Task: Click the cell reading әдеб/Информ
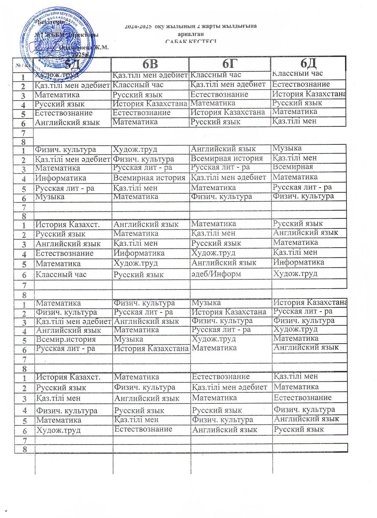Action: pyautogui.click(x=216, y=274)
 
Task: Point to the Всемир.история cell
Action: pyautogui.click(x=66, y=339)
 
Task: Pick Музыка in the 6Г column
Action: pyautogui.click(x=206, y=302)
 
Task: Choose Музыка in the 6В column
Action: pyautogui.click(x=128, y=339)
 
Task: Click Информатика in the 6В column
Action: pyautogui.click(x=139, y=253)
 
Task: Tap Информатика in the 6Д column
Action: pyautogui.click(x=298, y=262)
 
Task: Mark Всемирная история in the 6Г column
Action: pyautogui.click(x=227, y=158)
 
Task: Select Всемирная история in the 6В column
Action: pyautogui.click(x=149, y=178)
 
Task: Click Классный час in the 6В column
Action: pyautogui.click(x=138, y=85)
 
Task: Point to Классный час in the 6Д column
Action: pyautogui.click(x=298, y=73)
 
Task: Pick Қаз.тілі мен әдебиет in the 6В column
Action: pyautogui.click(x=150, y=75)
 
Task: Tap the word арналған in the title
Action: pyautogui.click(x=191, y=34)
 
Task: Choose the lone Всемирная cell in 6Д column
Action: pyautogui.click(x=293, y=167)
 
